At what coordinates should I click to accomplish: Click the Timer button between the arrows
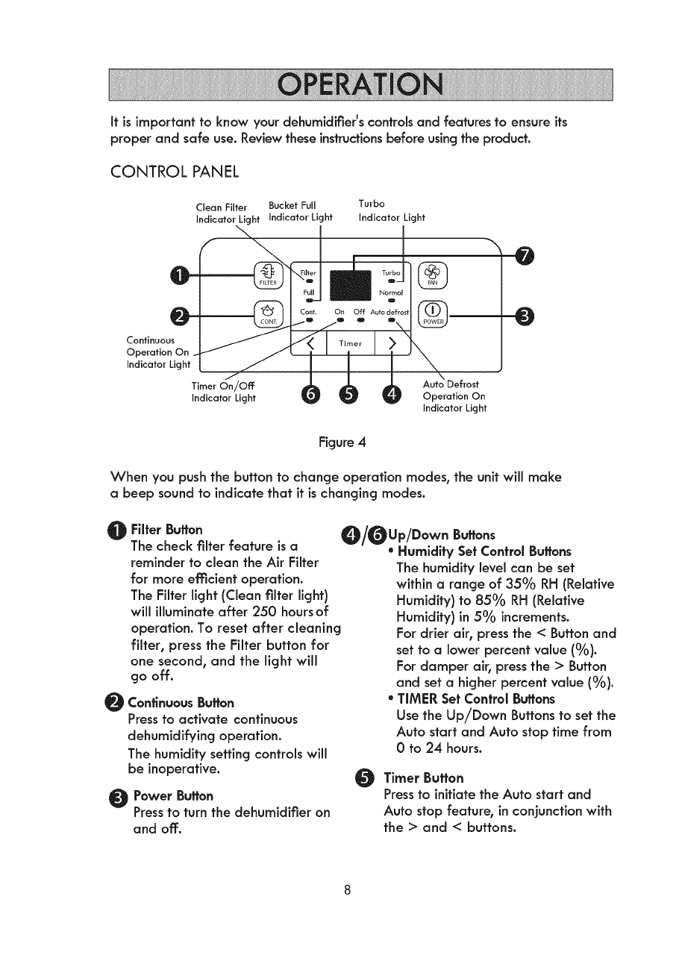pyautogui.click(x=350, y=344)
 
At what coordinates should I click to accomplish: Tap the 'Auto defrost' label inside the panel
pyautogui.click(x=392, y=312)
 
